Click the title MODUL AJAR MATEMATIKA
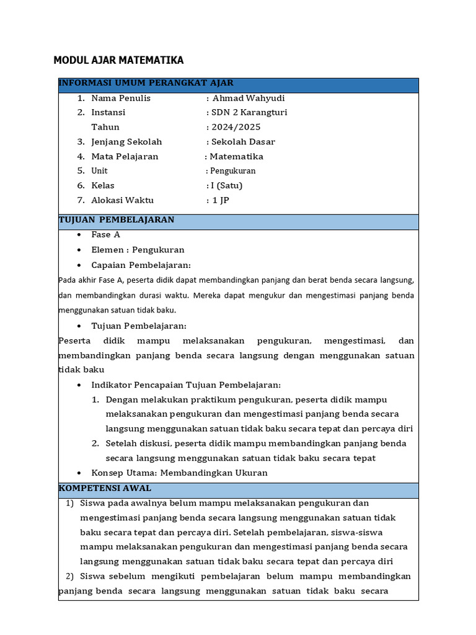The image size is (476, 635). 118,60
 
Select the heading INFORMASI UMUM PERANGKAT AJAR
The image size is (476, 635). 146,83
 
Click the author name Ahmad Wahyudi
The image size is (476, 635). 249,98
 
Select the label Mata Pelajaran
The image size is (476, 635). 125,156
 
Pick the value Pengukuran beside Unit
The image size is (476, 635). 232,171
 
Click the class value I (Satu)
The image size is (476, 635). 227,185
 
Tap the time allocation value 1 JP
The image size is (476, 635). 221,200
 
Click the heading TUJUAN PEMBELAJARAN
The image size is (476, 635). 117,220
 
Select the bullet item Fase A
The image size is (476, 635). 105,234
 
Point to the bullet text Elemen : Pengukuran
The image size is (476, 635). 138,250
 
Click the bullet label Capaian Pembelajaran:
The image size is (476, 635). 141,265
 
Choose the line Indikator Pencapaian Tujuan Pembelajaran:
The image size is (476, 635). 186,385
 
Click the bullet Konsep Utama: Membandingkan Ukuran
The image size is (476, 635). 179,473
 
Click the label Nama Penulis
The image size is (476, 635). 121,98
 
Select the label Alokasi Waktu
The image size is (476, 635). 122,200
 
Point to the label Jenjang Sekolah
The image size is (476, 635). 126,142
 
